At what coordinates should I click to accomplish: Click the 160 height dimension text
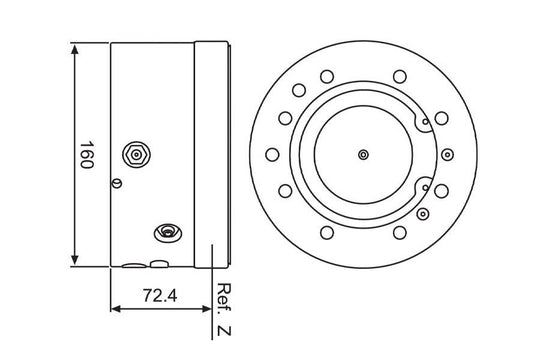tap(87, 154)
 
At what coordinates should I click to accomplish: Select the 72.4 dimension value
tap(160, 296)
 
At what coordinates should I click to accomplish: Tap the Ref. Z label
tap(224, 309)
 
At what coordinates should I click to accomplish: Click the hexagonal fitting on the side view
tap(137, 155)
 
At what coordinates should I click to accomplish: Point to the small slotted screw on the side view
tap(117, 183)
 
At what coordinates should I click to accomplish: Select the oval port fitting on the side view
tap(168, 233)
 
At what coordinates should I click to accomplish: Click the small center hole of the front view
tap(363, 155)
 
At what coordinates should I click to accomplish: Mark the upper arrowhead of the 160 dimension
tap(75, 49)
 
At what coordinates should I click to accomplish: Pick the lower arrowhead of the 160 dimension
tap(75, 260)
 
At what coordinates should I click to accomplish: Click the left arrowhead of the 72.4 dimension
tap(116, 309)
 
